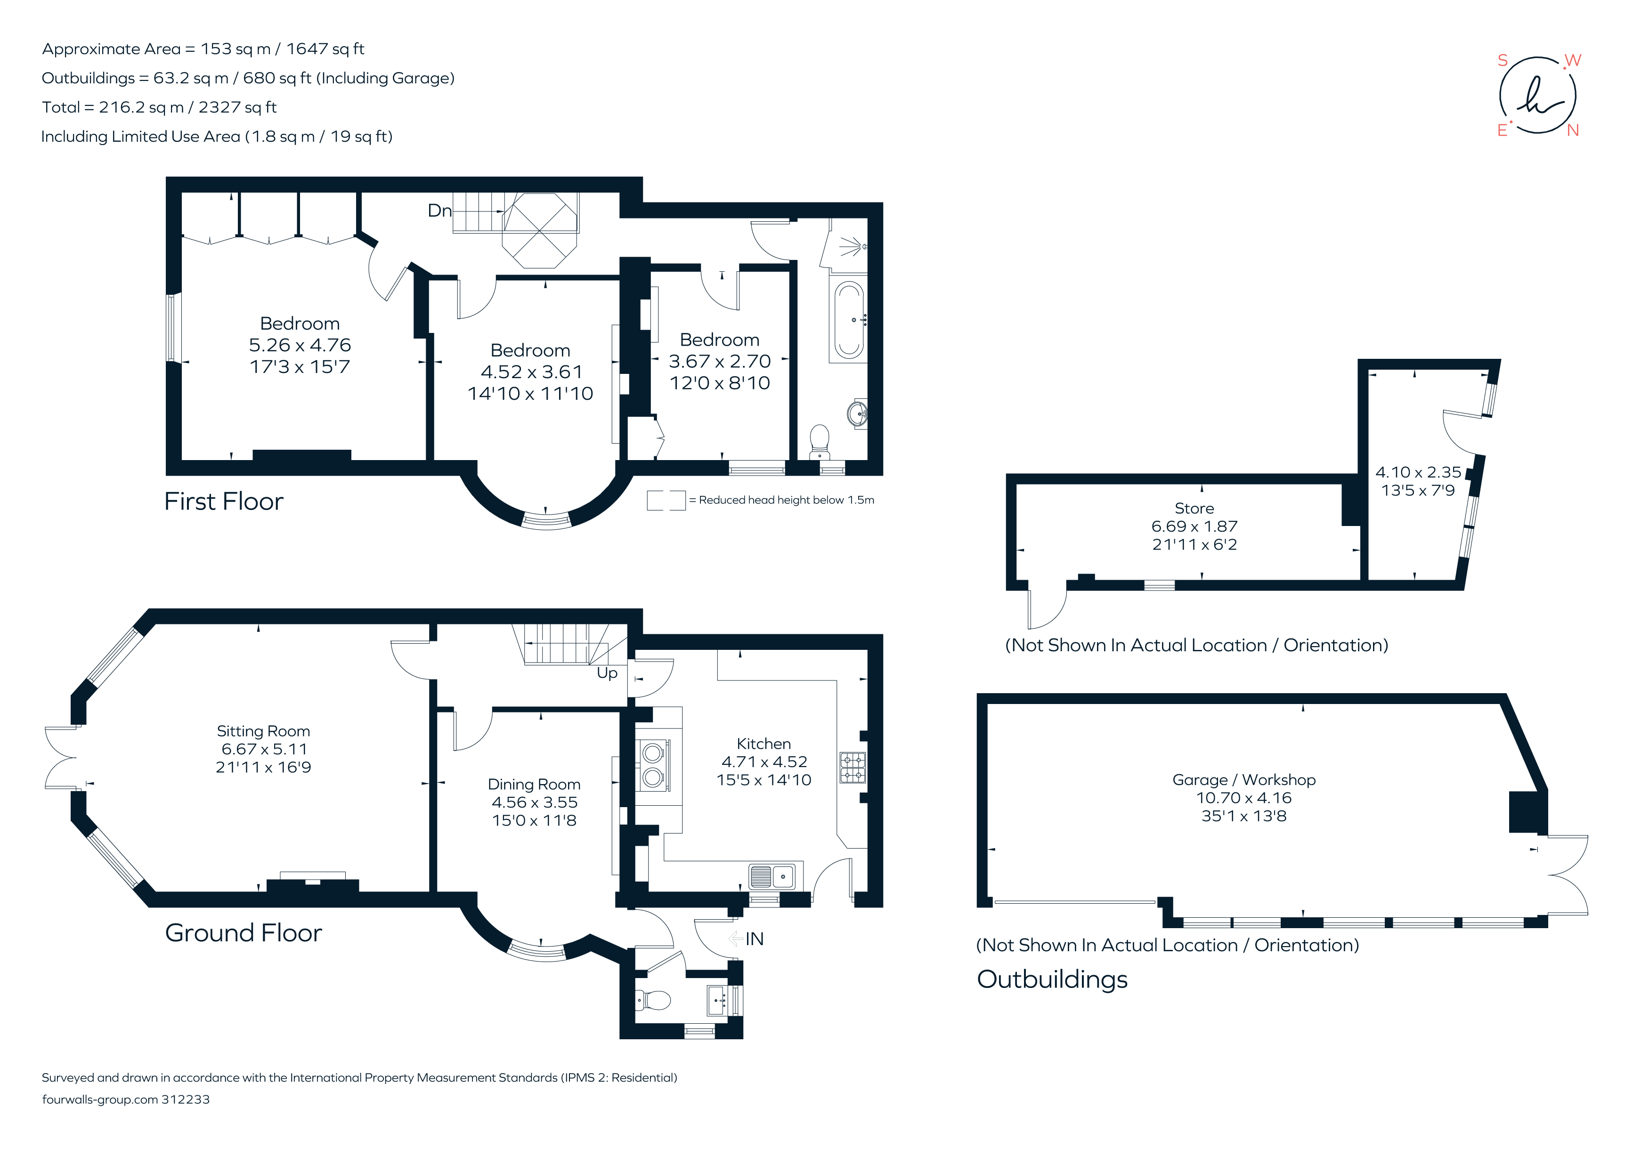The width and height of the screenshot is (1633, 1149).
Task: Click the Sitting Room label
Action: point(263,731)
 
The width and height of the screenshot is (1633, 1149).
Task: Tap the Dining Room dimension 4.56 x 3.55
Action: point(534,802)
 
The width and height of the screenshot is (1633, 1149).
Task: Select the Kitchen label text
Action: point(763,744)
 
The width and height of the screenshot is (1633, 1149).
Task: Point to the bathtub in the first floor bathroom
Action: point(848,319)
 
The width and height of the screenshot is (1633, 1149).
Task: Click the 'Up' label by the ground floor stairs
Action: point(607,672)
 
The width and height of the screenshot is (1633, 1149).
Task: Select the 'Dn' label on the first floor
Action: point(439,210)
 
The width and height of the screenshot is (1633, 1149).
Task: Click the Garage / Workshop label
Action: point(1243,779)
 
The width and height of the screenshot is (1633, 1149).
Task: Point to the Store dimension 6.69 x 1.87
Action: point(1194,526)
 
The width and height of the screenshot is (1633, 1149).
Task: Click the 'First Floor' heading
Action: point(223,501)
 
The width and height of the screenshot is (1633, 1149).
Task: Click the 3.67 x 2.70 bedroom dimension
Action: point(719,361)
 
